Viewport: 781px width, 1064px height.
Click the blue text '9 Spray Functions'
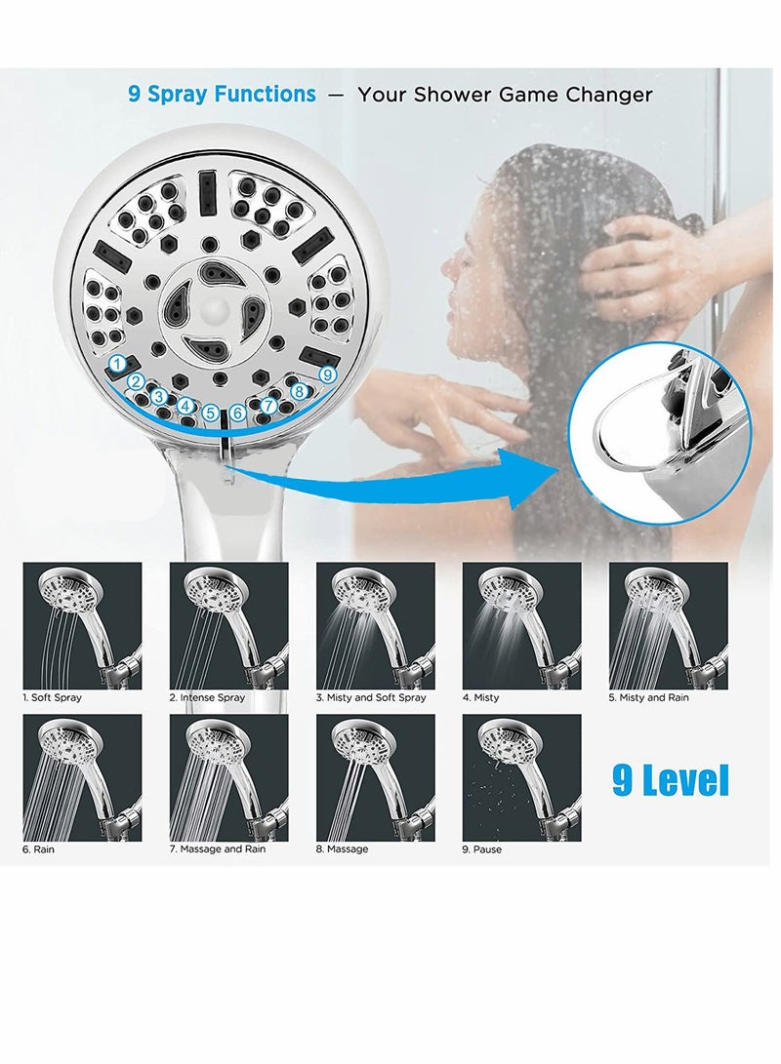(x=222, y=94)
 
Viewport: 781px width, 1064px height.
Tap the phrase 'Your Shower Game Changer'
(x=505, y=95)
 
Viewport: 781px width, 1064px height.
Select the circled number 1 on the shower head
(x=118, y=364)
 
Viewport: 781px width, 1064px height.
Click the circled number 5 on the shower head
(x=211, y=414)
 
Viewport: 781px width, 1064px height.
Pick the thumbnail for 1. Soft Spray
(x=82, y=625)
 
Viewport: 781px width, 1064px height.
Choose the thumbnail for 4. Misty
(x=521, y=625)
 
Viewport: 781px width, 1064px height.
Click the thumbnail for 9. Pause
(x=521, y=777)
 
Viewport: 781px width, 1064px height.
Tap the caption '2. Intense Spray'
(x=207, y=698)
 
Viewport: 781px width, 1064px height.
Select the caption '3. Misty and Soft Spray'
(x=371, y=698)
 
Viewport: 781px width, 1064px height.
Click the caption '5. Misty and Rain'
(x=648, y=698)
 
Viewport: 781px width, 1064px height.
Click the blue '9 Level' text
(x=671, y=780)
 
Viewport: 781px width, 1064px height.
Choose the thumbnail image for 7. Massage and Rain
(x=228, y=777)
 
